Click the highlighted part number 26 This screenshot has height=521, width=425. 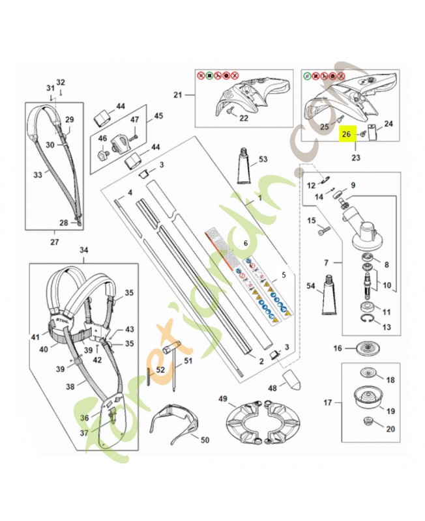coord(347,135)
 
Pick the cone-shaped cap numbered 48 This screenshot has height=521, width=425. coord(291,381)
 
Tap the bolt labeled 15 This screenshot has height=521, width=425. coord(323,231)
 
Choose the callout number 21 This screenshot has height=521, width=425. coord(177,96)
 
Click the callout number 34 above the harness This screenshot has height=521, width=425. coord(84,250)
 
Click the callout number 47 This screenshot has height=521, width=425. coord(135,120)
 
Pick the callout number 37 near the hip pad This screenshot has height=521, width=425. coord(85,433)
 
